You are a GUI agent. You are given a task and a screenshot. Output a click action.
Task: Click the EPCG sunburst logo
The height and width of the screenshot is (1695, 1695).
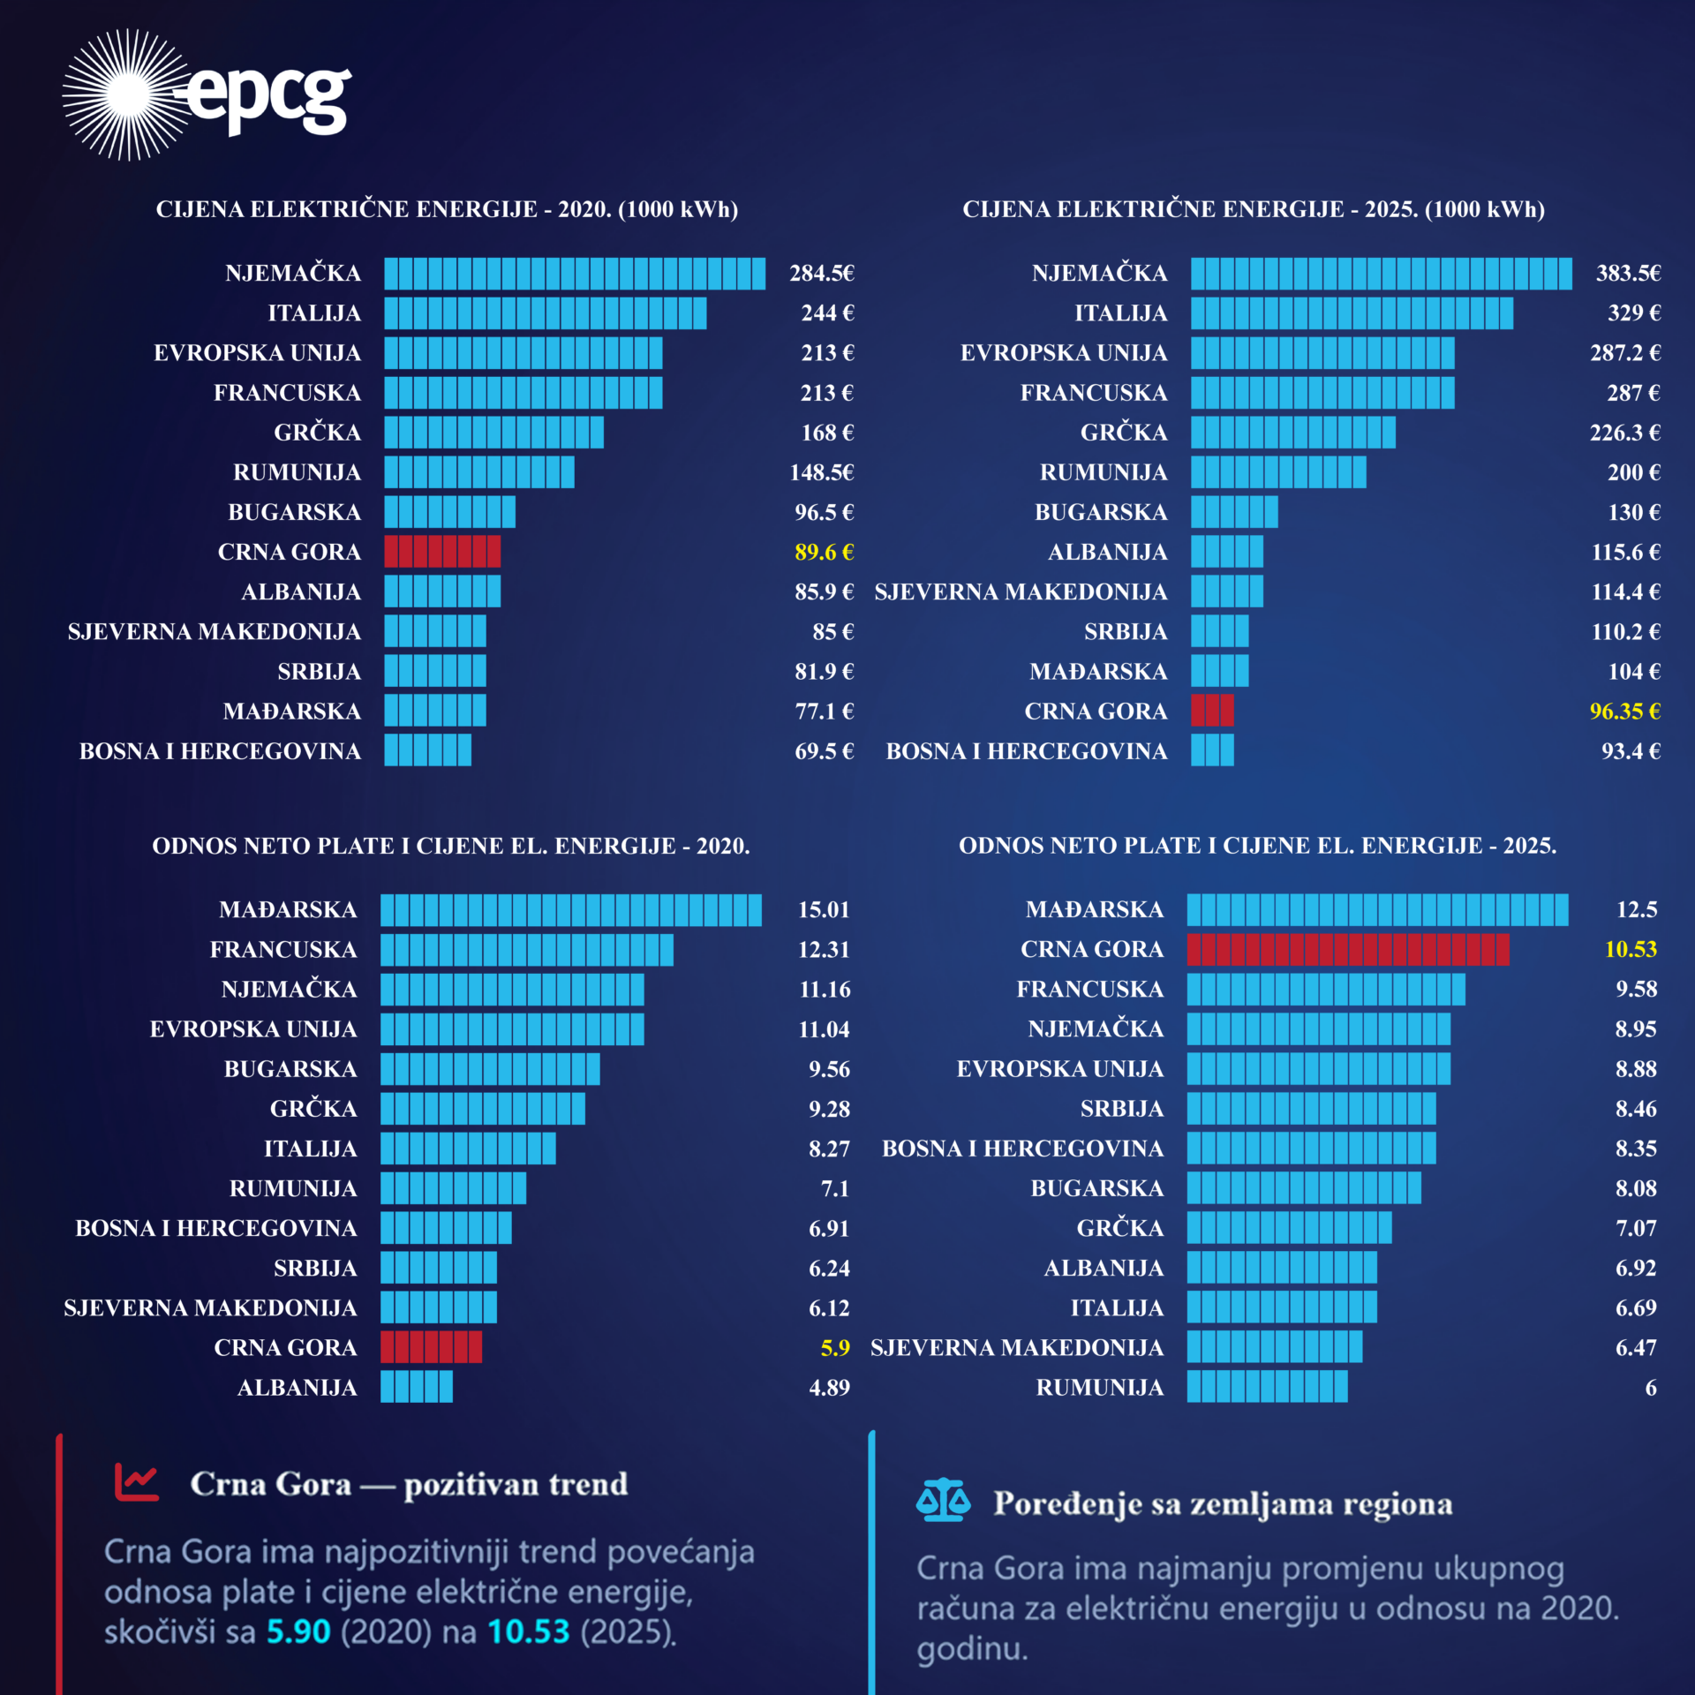pyautogui.click(x=128, y=94)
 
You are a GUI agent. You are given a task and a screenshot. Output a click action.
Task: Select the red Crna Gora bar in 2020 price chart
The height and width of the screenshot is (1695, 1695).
pyautogui.click(x=442, y=552)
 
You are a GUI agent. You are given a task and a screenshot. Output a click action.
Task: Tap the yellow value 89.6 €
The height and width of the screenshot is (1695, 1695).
pyautogui.click(x=824, y=553)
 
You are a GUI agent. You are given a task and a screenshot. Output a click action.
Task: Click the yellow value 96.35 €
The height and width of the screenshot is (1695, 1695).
pyautogui.click(x=1624, y=712)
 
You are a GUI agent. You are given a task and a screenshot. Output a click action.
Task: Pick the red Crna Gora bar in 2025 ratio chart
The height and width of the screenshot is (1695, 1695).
pyautogui.click(x=1347, y=950)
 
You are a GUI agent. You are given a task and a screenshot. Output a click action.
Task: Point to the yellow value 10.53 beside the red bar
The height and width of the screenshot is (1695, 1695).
pyautogui.click(x=1631, y=950)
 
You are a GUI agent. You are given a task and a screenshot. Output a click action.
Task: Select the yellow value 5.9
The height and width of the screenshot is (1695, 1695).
pyautogui.click(x=835, y=1348)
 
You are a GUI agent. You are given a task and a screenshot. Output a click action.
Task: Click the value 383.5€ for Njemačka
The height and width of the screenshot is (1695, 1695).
pyautogui.click(x=1628, y=274)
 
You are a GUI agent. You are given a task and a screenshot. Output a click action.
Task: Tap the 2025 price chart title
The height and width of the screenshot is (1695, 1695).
pyautogui.click(x=1254, y=209)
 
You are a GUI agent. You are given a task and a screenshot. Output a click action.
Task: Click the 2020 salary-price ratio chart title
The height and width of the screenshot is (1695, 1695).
pyautogui.click(x=451, y=846)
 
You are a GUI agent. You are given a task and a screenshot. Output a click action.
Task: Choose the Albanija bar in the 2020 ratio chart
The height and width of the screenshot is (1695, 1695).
pyautogui.click(x=417, y=1387)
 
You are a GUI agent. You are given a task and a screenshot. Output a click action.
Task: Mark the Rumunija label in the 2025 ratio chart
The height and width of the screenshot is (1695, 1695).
pyautogui.click(x=1099, y=1388)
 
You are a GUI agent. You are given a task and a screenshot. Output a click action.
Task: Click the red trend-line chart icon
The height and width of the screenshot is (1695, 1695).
pyautogui.click(x=137, y=1482)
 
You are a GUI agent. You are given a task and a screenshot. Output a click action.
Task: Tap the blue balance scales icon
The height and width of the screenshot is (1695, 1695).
pyautogui.click(x=943, y=1500)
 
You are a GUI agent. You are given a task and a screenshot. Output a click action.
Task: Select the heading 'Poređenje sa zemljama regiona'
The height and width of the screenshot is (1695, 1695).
pyautogui.click(x=1223, y=1503)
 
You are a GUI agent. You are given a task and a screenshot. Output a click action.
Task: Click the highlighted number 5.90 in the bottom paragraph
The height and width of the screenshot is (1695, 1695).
pyautogui.click(x=298, y=1631)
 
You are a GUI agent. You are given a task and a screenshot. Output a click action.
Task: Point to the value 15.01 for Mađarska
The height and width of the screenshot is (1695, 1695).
pyautogui.click(x=824, y=910)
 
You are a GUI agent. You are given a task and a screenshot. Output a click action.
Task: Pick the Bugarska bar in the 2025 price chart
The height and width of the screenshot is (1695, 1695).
pyautogui.click(x=1234, y=512)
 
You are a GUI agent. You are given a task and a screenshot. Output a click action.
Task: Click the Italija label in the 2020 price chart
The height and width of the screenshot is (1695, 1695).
pyautogui.click(x=314, y=313)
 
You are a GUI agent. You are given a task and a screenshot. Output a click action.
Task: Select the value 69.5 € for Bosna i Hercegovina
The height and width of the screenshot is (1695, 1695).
pyautogui.click(x=824, y=751)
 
